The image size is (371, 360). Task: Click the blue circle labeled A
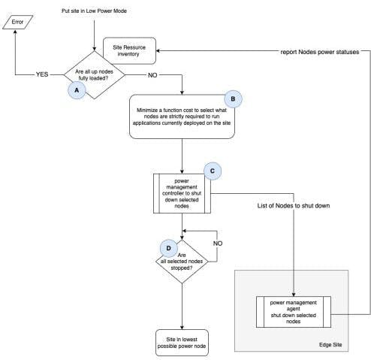coord(75,89)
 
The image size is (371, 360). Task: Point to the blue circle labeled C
coord(213,171)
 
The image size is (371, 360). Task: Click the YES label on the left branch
coord(41,74)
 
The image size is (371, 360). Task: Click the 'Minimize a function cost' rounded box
coord(182,117)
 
